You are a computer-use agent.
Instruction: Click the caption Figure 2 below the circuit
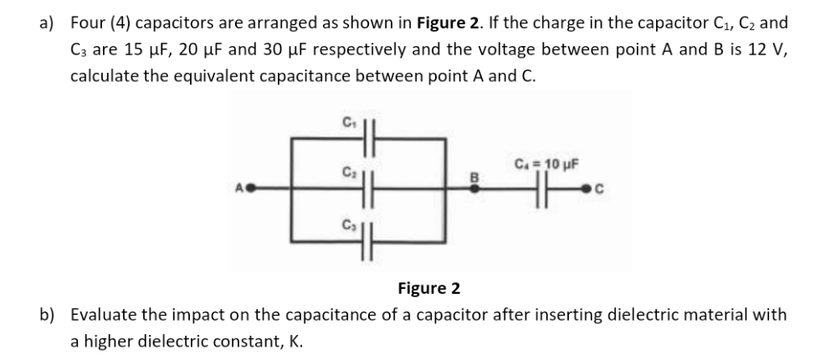(x=428, y=289)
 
